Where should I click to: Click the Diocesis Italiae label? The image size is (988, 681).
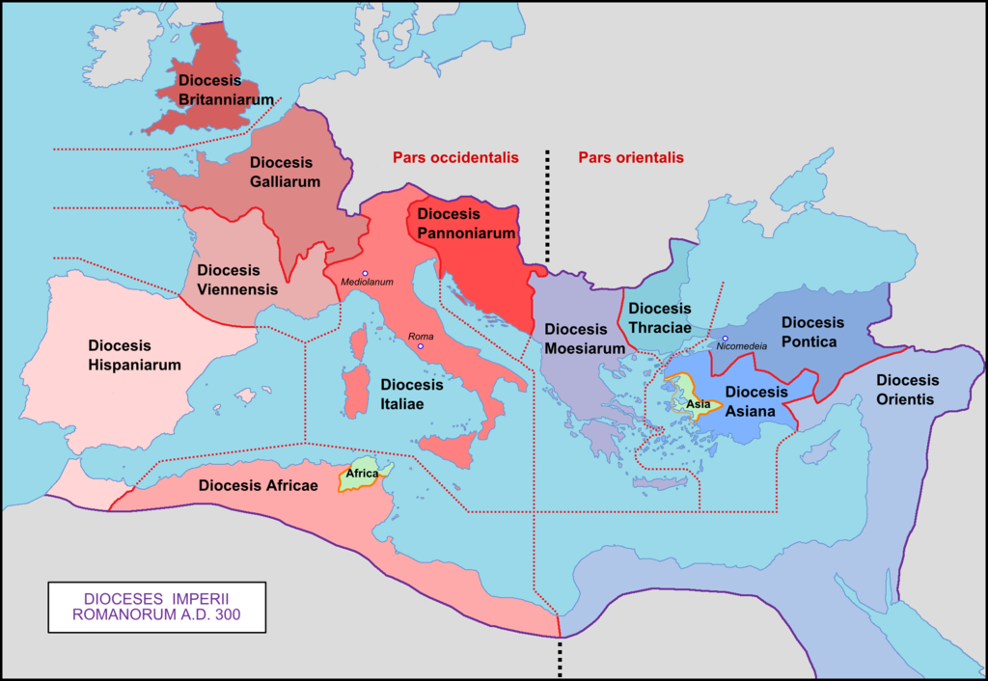pyautogui.click(x=411, y=394)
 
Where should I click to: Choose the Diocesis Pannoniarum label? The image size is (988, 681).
pyautogui.click(x=460, y=223)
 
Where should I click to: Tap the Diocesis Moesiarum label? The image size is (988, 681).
pyautogui.click(x=577, y=338)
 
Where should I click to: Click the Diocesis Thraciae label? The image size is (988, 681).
pyautogui.click(x=660, y=317)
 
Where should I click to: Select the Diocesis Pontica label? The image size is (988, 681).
pyautogui.click(x=812, y=332)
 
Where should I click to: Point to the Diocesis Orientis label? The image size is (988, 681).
pyautogui.click(x=907, y=390)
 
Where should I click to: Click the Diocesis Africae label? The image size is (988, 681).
pyautogui.click(x=259, y=485)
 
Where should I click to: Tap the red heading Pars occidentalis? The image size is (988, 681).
pyautogui.click(x=455, y=157)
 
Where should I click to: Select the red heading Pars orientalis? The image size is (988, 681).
pyautogui.click(x=631, y=157)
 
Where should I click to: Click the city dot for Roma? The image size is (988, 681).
pyautogui.click(x=421, y=346)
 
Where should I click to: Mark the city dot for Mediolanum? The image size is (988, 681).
pyautogui.click(x=365, y=274)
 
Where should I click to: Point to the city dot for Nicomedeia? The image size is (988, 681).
pyautogui.click(x=725, y=339)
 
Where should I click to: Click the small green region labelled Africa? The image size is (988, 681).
pyautogui.click(x=363, y=477)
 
